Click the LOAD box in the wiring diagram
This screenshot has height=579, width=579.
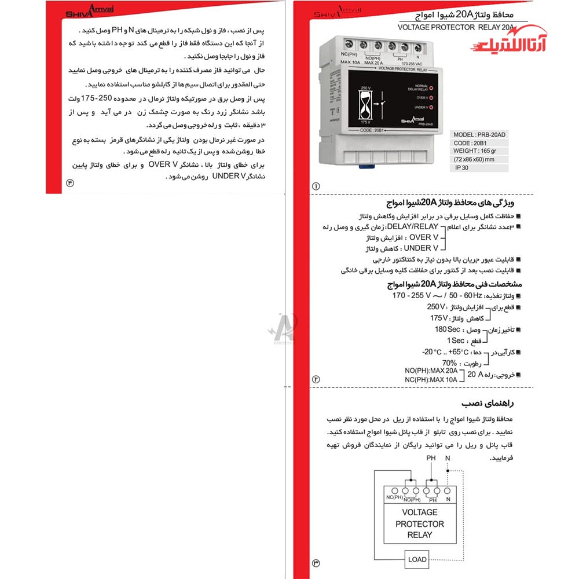417,559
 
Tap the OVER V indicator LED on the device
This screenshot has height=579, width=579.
431,97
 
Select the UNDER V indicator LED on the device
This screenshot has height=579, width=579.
431,107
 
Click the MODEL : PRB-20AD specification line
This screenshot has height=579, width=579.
479,134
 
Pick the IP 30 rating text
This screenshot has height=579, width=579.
463,167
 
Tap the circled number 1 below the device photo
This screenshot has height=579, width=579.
316,186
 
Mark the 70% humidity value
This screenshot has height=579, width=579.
449,364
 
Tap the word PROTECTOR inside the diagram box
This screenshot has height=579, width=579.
420,524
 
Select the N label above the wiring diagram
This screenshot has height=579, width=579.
447,458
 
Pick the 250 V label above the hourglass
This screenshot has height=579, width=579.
365,88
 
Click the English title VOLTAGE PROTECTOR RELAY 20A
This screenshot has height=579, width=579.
456,27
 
